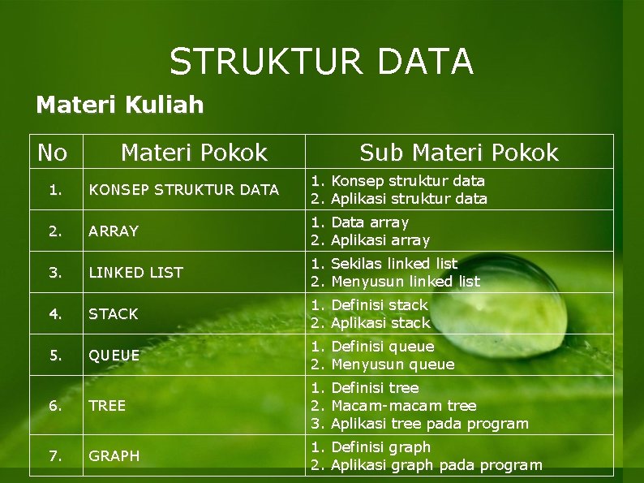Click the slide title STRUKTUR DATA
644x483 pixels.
[x=321, y=62]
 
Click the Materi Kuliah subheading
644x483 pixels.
[x=120, y=105]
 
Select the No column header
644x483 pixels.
[x=53, y=153]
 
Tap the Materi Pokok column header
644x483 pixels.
[x=194, y=153]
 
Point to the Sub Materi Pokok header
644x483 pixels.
[x=459, y=153]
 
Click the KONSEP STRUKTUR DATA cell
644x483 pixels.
[x=184, y=190]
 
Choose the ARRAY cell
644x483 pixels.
[x=114, y=231]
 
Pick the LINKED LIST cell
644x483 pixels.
[x=136, y=273]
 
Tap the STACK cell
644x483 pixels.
[x=114, y=314]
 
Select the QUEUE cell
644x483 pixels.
[x=114, y=356]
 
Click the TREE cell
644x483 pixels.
[x=107, y=406]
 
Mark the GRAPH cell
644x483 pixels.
[x=114, y=456]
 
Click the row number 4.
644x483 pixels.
[x=55, y=314]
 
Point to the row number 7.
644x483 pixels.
[x=55, y=456]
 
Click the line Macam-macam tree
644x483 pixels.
[x=403, y=406]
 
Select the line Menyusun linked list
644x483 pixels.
[x=405, y=282]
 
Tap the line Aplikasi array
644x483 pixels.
[x=380, y=240]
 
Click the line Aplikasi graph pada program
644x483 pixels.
[x=436, y=465]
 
